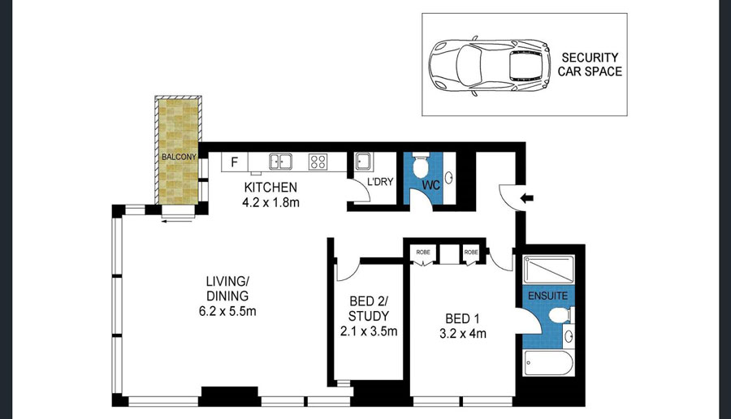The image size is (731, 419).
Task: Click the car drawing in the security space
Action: pyautogui.click(x=490, y=65)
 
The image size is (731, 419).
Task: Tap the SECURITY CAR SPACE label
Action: pyautogui.click(x=590, y=64)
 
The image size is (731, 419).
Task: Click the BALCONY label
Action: pyautogui.click(x=179, y=157)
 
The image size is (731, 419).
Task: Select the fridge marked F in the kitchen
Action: pyautogui.click(x=235, y=162)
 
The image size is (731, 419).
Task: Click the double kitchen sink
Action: pyautogui.click(x=281, y=162)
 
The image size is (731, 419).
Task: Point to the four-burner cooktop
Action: pyautogui.click(x=318, y=162)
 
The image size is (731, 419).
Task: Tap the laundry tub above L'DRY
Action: pyautogui.click(x=363, y=162)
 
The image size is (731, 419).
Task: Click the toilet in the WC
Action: pyautogui.click(x=421, y=163)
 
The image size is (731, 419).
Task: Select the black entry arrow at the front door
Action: pyautogui.click(x=527, y=199)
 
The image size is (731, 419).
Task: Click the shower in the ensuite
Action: pyautogui.click(x=548, y=269)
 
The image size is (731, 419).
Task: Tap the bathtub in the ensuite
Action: pyautogui.click(x=547, y=363)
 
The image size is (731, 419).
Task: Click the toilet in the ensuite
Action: pyautogui.click(x=560, y=315)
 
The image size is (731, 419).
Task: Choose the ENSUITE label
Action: pyautogui.click(x=547, y=296)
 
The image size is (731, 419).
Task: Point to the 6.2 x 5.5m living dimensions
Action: pyautogui.click(x=227, y=311)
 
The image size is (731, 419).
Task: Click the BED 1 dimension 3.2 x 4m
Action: pyautogui.click(x=463, y=334)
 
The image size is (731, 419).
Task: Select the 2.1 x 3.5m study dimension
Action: pyautogui.click(x=368, y=331)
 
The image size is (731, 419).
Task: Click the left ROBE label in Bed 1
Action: pyautogui.click(x=423, y=253)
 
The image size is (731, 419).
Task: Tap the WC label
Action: pyautogui.click(x=431, y=185)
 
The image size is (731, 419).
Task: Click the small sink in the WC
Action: pyautogui.click(x=449, y=178)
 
